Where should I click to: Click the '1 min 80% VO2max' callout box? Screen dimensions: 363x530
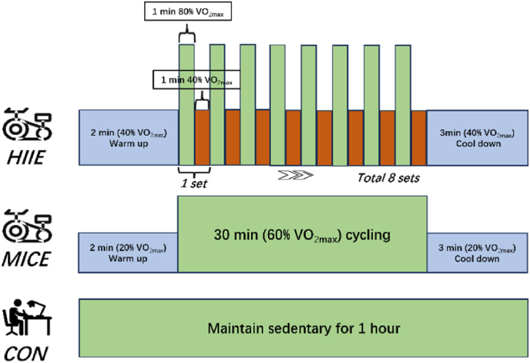186,13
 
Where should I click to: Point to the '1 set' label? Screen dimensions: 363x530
193,183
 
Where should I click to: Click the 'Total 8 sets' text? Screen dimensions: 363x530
390,177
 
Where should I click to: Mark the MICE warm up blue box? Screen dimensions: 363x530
129,252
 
